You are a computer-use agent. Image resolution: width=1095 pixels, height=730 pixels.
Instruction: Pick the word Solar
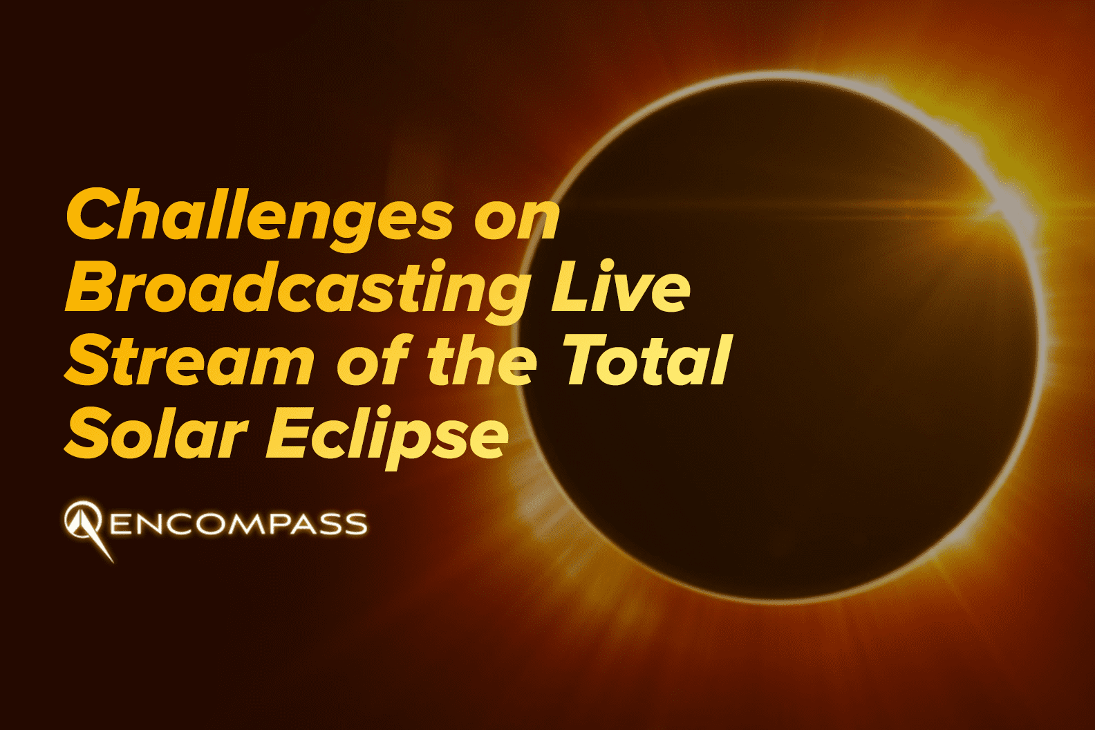pyautogui.click(x=156, y=433)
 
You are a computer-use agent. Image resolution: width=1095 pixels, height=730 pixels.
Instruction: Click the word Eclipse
pyautogui.click(x=387, y=433)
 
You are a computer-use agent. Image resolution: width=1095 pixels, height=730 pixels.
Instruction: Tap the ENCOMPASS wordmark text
pyautogui.click(x=238, y=524)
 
